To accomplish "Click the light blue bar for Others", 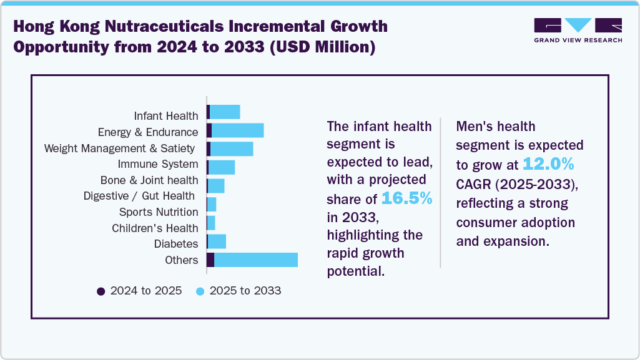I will coord(256,260).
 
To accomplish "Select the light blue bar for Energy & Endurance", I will coord(238,130).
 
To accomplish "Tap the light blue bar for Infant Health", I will coord(225,112).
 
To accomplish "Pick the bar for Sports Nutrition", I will coord(212,205).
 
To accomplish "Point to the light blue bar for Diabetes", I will coord(217,241).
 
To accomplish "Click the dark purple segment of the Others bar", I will coord(210,260).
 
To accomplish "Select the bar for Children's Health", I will coord(211,223).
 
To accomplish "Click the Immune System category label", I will coord(158,164).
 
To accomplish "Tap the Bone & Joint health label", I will coord(149,180).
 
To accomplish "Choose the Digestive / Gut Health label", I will coord(140,196).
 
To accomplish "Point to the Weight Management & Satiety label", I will coord(121,148).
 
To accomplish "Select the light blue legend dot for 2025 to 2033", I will coord(200,291).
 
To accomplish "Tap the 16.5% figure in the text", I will coord(406,198).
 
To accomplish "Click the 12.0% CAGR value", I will coord(548,164).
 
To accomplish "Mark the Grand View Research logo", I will coord(578,30).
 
